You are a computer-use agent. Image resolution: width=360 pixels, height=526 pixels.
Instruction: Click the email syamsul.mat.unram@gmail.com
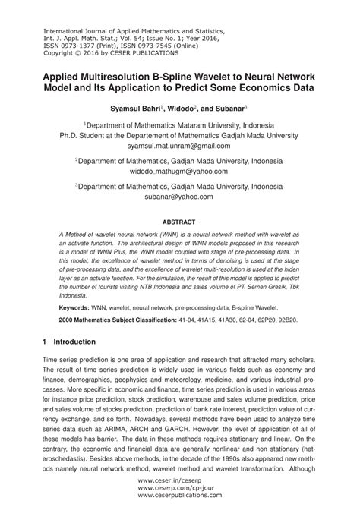179,145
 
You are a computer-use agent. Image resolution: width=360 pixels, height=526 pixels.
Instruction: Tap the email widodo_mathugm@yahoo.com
179,172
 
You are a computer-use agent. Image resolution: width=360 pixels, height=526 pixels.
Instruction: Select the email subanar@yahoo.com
179,196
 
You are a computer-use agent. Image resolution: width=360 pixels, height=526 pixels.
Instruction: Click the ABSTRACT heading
179,222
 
